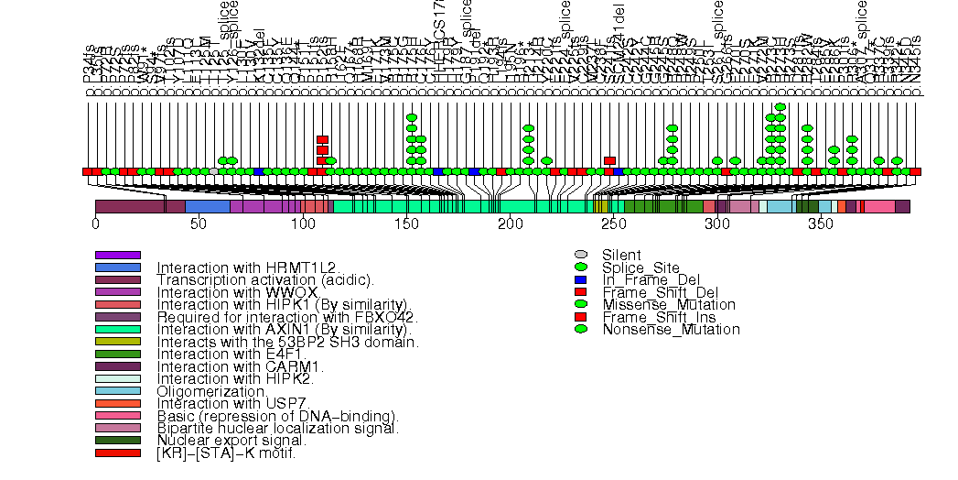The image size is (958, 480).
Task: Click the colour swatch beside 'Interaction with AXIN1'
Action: pyautogui.click(x=117, y=329)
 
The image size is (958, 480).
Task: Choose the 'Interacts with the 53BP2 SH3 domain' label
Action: pyautogui.click(x=288, y=342)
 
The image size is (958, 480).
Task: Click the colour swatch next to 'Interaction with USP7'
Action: pyautogui.click(x=117, y=403)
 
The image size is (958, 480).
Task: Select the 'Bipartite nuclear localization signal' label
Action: pyautogui.click(x=277, y=428)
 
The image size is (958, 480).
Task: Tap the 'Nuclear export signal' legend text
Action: pyautogui.click(x=231, y=441)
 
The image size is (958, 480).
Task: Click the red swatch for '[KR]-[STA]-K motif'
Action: pyautogui.click(x=117, y=453)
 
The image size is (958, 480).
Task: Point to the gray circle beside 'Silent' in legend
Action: pyautogui.click(x=581, y=255)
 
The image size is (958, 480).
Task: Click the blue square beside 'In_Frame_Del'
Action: pyautogui.click(x=581, y=279)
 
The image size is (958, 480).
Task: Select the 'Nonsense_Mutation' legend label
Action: pyautogui.click(x=671, y=329)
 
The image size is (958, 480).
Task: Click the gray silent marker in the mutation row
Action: pyautogui.click(x=214, y=171)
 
